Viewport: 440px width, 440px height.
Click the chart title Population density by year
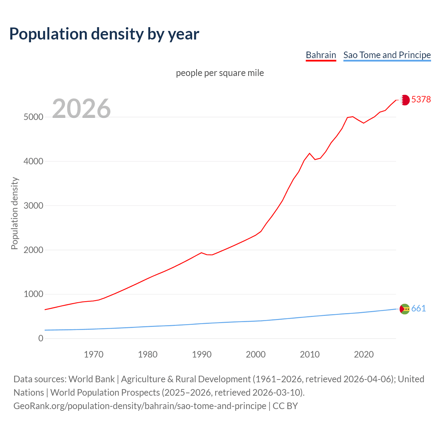point(104,34)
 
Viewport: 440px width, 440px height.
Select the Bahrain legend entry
point(321,55)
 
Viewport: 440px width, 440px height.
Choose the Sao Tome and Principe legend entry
point(387,55)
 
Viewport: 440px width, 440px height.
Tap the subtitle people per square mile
point(220,73)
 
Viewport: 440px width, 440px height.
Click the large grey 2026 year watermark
point(81,109)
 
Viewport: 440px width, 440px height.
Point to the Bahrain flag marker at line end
point(405,100)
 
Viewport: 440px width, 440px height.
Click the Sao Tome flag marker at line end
point(405,309)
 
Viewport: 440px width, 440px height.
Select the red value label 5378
point(421,99)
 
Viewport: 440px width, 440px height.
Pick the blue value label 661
point(418,309)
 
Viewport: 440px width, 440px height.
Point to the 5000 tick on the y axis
point(33,117)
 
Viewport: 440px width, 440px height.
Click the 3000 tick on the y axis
point(33,206)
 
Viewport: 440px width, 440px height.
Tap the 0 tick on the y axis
point(41,338)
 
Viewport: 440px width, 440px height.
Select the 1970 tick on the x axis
point(93,354)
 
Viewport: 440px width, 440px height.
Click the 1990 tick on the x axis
point(202,354)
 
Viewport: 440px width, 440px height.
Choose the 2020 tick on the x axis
point(364,354)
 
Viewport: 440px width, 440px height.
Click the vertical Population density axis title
point(14,213)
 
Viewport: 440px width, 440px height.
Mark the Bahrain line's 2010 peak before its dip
point(309,153)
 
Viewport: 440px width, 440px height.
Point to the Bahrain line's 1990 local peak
point(201,253)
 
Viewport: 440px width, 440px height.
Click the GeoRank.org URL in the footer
point(140,406)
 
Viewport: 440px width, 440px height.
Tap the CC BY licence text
point(285,406)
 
